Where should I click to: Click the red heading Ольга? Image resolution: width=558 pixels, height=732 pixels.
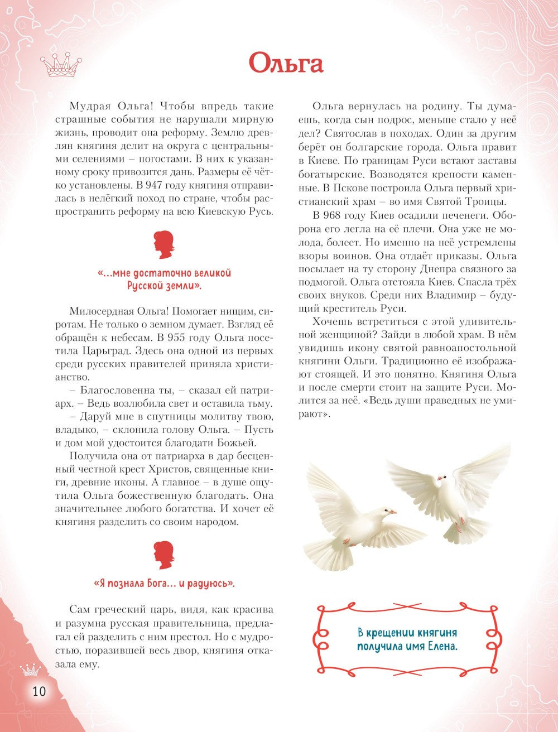click(x=286, y=62)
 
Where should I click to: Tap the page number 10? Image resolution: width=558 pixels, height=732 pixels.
click(x=39, y=691)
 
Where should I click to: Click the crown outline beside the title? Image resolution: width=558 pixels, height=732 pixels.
click(x=61, y=65)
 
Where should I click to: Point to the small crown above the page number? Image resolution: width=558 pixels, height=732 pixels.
click(x=31, y=668)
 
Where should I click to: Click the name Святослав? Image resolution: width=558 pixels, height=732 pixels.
click(x=358, y=134)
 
